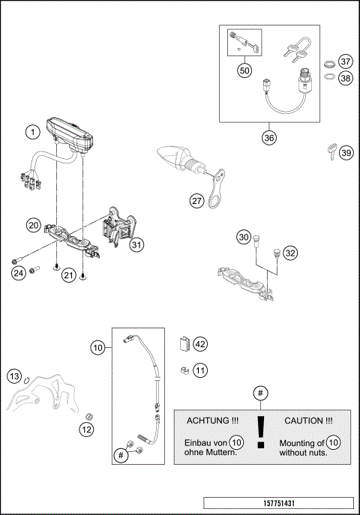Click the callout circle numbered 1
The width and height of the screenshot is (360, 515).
(x=31, y=133)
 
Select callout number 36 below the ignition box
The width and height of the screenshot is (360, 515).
(x=268, y=138)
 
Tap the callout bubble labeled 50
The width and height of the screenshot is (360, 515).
(x=244, y=70)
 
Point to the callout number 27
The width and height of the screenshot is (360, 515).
(x=196, y=200)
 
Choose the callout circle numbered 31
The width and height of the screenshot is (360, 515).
(x=136, y=244)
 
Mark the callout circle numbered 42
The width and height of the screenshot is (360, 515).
(x=199, y=344)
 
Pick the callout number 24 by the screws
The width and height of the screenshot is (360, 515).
(x=18, y=273)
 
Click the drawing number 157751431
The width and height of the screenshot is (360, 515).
(x=277, y=502)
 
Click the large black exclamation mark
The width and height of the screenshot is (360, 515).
(x=260, y=431)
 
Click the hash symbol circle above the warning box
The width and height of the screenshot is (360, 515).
(x=260, y=393)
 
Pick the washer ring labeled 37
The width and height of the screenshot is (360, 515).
(x=328, y=62)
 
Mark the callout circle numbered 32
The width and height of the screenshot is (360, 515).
(x=290, y=253)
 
